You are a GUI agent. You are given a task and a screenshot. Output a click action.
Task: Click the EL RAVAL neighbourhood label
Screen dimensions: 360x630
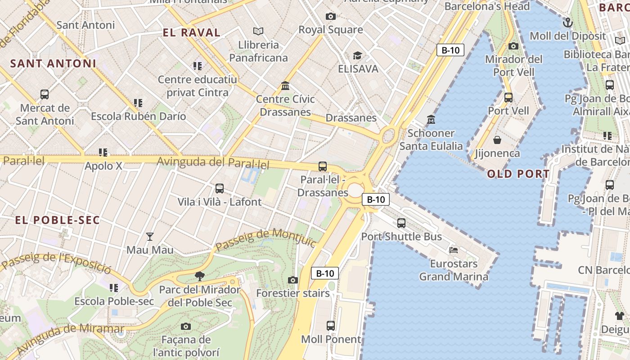pos(191,32)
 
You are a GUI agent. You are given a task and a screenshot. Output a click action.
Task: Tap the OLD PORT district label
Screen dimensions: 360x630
pos(518,174)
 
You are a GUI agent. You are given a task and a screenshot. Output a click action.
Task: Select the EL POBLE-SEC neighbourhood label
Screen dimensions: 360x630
pos(57,220)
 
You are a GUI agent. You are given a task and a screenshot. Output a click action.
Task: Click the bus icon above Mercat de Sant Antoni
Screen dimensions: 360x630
pos(45,94)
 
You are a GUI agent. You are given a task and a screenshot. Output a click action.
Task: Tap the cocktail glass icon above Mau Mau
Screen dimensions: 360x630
pos(150,236)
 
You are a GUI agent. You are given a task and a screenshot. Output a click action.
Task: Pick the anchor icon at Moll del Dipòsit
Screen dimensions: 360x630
pos(568,22)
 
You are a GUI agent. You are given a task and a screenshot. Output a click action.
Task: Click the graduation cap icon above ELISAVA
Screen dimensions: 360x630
pos(357,55)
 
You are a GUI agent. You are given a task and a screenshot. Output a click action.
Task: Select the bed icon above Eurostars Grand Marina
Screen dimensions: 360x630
pos(454,250)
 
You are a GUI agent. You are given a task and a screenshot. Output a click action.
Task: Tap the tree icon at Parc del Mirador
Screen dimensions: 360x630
pos(199,276)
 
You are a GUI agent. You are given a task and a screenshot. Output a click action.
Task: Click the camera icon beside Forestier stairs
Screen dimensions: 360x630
pos(293,280)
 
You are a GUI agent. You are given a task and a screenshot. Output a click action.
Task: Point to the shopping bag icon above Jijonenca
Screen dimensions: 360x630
pos(497,140)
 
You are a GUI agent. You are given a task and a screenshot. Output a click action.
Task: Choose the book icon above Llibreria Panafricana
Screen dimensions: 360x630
pos(258,31)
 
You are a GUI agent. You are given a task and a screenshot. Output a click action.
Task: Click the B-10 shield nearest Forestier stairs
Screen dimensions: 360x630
pos(325,273)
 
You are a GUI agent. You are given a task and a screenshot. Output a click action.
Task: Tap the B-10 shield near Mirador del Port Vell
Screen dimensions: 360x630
pos(450,50)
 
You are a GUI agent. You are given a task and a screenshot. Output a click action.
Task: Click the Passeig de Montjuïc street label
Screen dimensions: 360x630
pos(266,241)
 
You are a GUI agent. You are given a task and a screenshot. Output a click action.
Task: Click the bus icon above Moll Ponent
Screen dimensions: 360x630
pos(331,325)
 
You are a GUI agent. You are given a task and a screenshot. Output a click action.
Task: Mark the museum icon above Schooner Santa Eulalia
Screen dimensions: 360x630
pos(431,119)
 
